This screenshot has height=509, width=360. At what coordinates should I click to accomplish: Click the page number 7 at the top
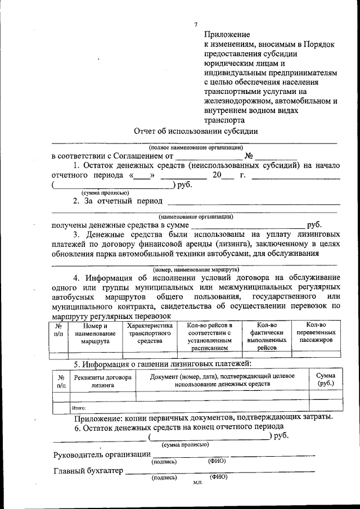pyautogui.click(x=196, y=24)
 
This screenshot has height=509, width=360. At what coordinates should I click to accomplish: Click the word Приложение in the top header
pyautogui.click(x=226, y=34)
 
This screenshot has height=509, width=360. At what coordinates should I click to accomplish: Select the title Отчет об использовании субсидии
pyautogui.click(x=196, y=131)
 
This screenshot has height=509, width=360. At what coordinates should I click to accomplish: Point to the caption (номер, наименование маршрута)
pyautogui.click(x=194, y=269)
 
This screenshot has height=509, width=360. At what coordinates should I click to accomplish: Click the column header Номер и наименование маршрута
pyautogui.click(x=94, y=333)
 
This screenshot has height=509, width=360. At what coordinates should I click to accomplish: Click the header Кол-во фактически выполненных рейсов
pyautogui.click(x=267, y=336)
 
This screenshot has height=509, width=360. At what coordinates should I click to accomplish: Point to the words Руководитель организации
pyautogui.click(x=102, y=454)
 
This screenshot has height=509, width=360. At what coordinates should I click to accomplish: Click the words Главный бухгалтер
pyautogui.click(x=88, y=471)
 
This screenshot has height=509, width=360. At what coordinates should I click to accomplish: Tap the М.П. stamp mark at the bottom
pyautogui.click(x=197, y=483)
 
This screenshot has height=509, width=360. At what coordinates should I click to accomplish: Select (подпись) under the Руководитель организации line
pyautogui.click(x=164, y=461)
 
